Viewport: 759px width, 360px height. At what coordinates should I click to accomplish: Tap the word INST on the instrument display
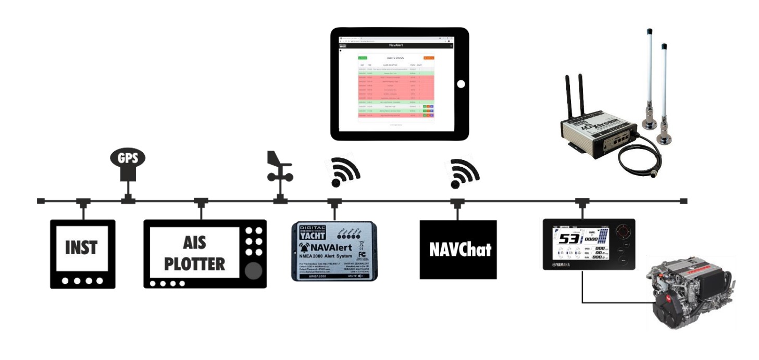81,247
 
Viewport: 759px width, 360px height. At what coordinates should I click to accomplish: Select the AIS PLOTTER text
195,253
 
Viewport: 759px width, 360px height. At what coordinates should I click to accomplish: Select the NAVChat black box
458,250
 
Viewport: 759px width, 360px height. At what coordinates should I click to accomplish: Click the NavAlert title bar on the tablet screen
400,46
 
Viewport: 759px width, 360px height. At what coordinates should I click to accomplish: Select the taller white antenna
650,73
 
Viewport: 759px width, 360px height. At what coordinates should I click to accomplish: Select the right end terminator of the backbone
684,201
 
